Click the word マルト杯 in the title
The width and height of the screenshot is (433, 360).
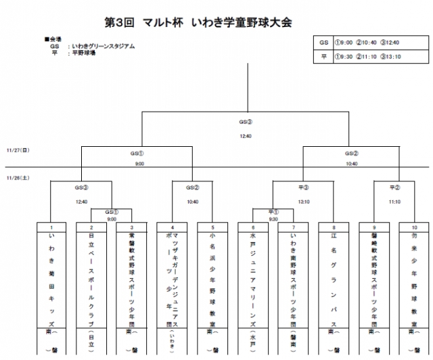(165, 22)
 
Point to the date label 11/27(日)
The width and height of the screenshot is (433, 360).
(18, 151)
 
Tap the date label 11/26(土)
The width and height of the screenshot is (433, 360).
(18, 178)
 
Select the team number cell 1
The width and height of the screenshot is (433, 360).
(51, 227)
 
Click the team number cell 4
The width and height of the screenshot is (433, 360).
(173, 227)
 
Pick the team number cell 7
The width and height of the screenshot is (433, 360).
(293, 227)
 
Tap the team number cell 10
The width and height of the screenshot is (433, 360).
(413, 227)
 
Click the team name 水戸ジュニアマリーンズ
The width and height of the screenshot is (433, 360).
(252, 277)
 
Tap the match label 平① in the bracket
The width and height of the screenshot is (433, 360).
(273, 212)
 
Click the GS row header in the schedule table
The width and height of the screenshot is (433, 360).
(324, 42)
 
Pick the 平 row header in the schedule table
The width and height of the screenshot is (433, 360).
(324, 57)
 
